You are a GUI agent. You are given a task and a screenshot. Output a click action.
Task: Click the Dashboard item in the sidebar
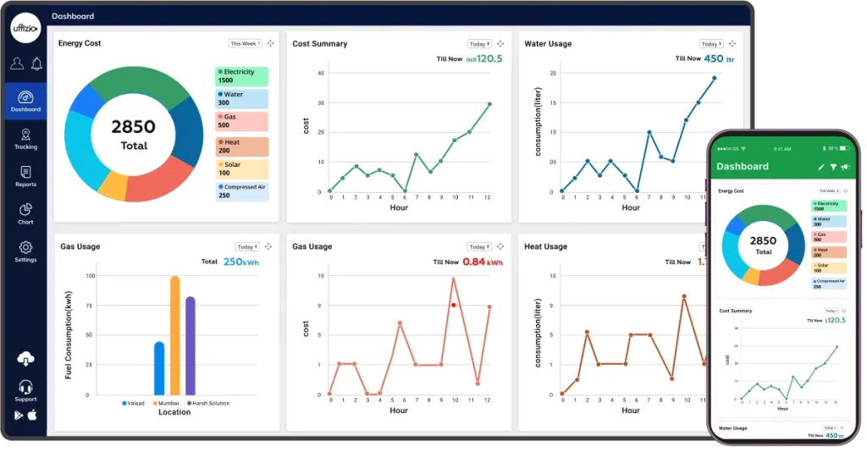point(25,102)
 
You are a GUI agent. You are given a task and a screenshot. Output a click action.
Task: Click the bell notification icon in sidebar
point(36,63)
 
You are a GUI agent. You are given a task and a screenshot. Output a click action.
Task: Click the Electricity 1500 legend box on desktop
point(241,76)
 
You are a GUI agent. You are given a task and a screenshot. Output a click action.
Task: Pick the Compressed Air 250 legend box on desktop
point(241,191)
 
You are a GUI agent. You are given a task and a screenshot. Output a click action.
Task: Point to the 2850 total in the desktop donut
point(134,128)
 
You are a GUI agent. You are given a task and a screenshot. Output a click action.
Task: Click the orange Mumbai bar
point(174,336)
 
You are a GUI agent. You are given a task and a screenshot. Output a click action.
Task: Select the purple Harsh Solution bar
point(191,345)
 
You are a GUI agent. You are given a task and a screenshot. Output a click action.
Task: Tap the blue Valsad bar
point(159,368)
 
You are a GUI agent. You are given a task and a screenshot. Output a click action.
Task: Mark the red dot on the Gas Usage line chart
point(454,305)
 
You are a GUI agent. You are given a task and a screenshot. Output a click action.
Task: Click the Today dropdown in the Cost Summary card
point(479,44)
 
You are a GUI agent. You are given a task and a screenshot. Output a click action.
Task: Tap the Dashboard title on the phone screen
point(743,167)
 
